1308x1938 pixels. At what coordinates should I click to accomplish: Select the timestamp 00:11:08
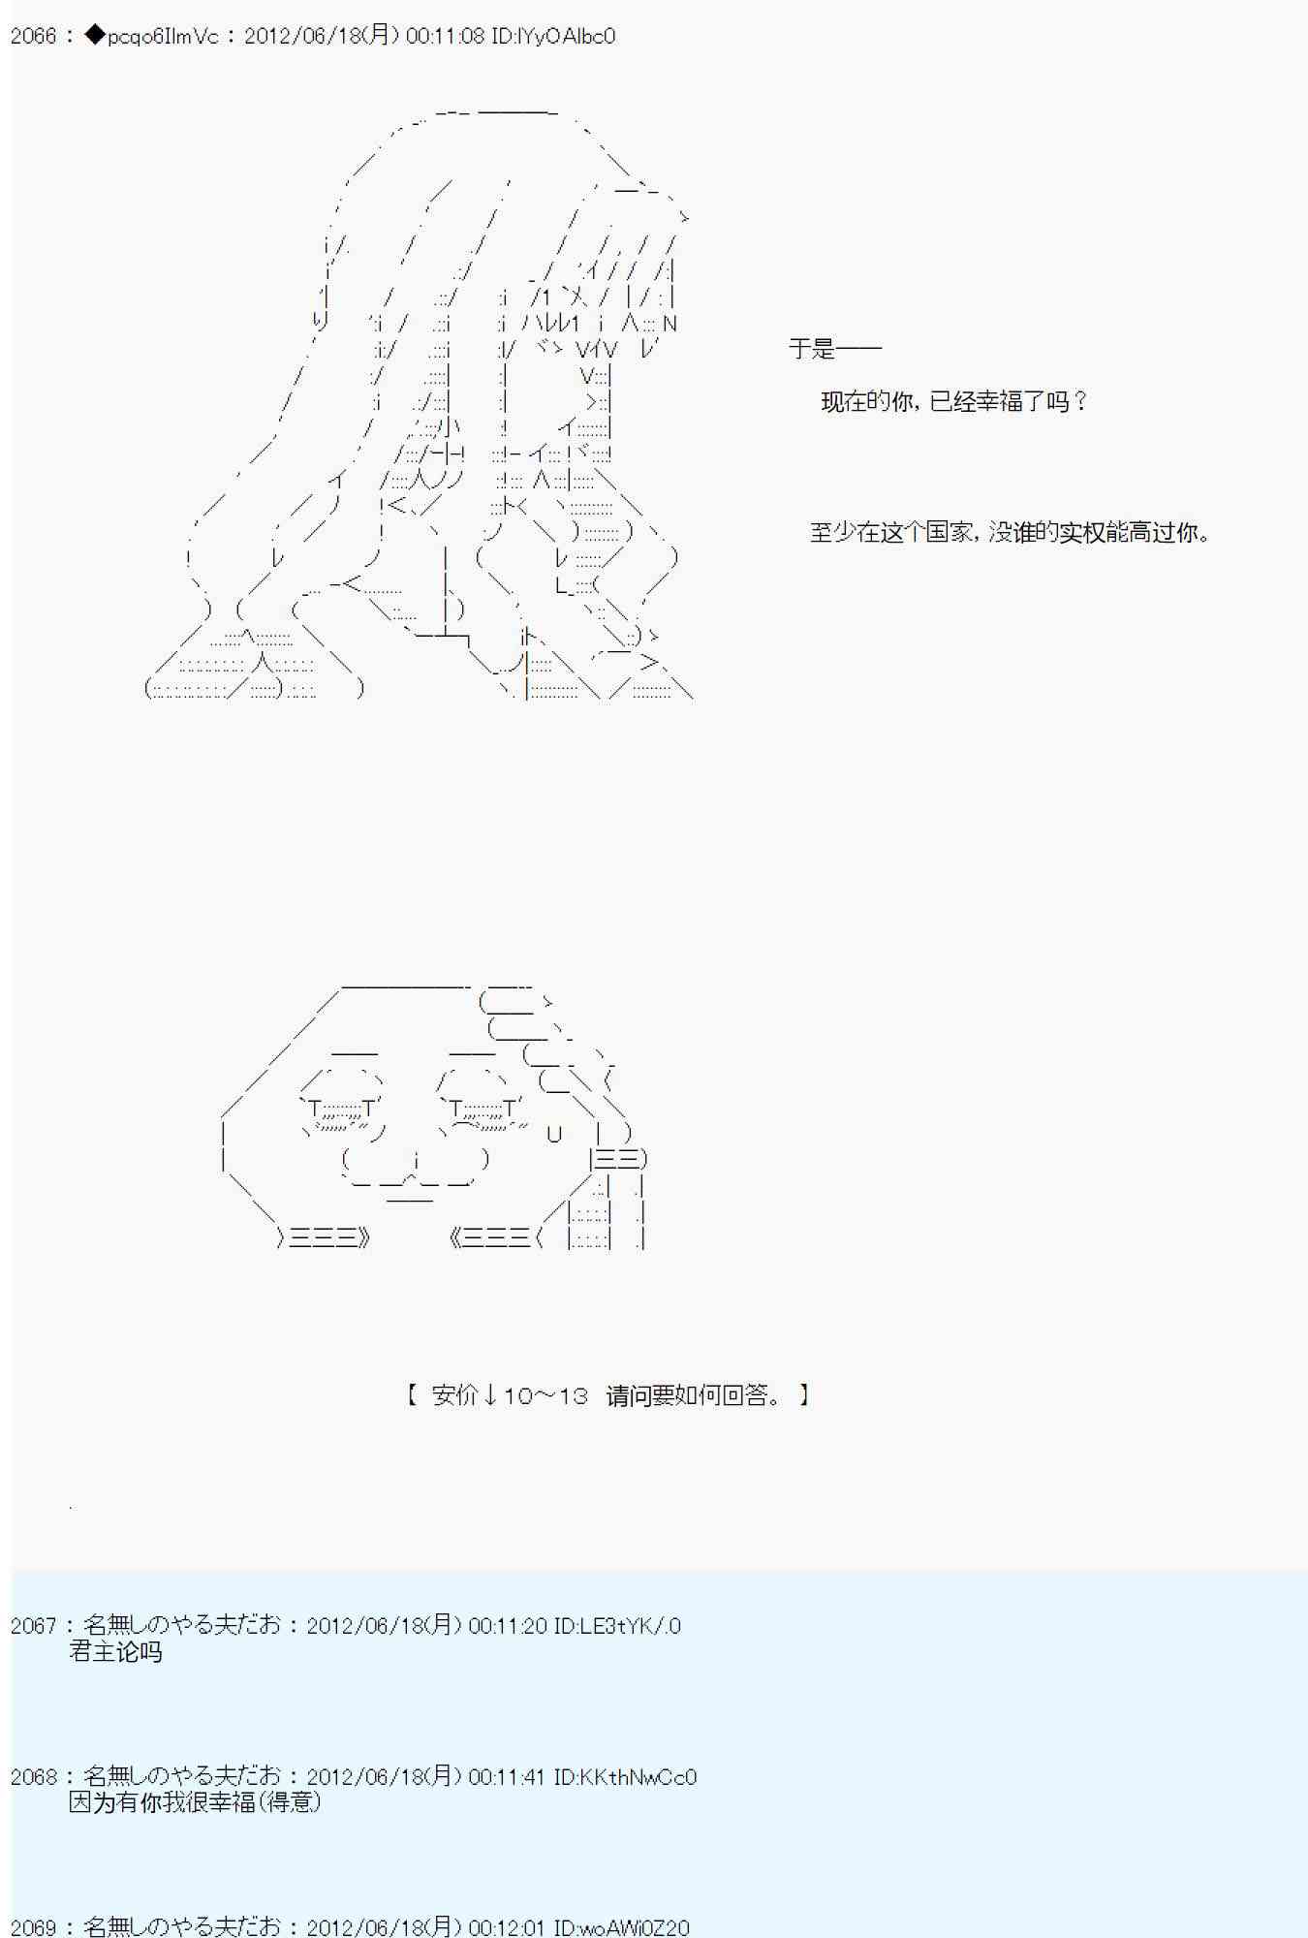coord(446,37)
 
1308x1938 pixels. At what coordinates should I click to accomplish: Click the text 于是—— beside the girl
coord(834,349)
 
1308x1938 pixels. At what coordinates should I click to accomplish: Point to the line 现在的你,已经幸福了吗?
coord(954,401)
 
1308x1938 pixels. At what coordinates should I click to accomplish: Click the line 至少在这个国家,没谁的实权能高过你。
coord(1012,532)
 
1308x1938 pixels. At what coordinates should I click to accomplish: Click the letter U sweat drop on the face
coord(554,1134)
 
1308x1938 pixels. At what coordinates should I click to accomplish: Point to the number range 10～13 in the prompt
coord(545,1395)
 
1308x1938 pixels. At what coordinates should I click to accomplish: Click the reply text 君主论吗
coord(115,1652)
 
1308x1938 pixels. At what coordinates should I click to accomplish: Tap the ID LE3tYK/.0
coord(617,1626)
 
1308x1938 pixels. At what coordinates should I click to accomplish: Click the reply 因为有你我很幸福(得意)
coord(195,1802)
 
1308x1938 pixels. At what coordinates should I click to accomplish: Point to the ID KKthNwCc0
coord(625,1777)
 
